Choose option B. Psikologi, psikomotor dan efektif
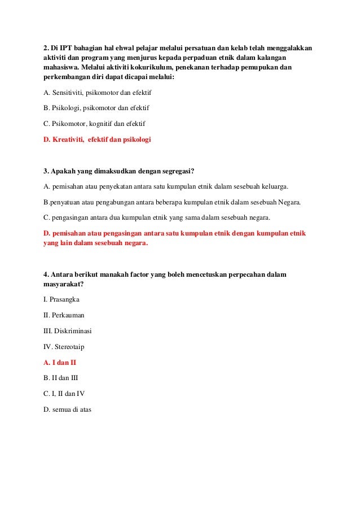pos(96,107)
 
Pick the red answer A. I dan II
pos(60,363)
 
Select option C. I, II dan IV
pos(64,394)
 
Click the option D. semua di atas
pos(67,409)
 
